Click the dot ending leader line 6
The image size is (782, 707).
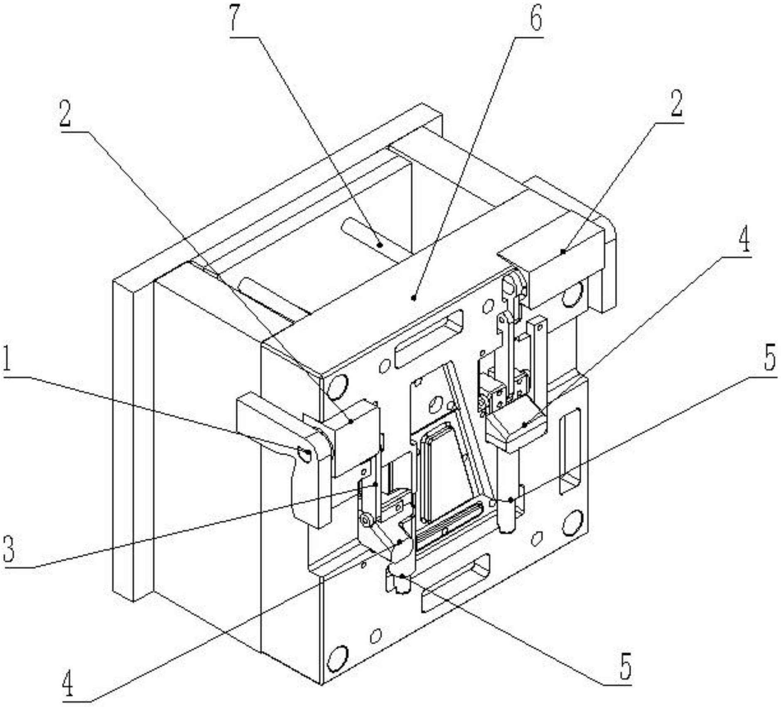pyautogui.click(x=413, y=297)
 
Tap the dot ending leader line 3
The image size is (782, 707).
pyautogui.click(x=375, y=484)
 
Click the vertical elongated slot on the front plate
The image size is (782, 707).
pyautogui.click(x=570, y=451)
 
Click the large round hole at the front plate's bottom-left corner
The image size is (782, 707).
pyautogui.click(x=337, y=657)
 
